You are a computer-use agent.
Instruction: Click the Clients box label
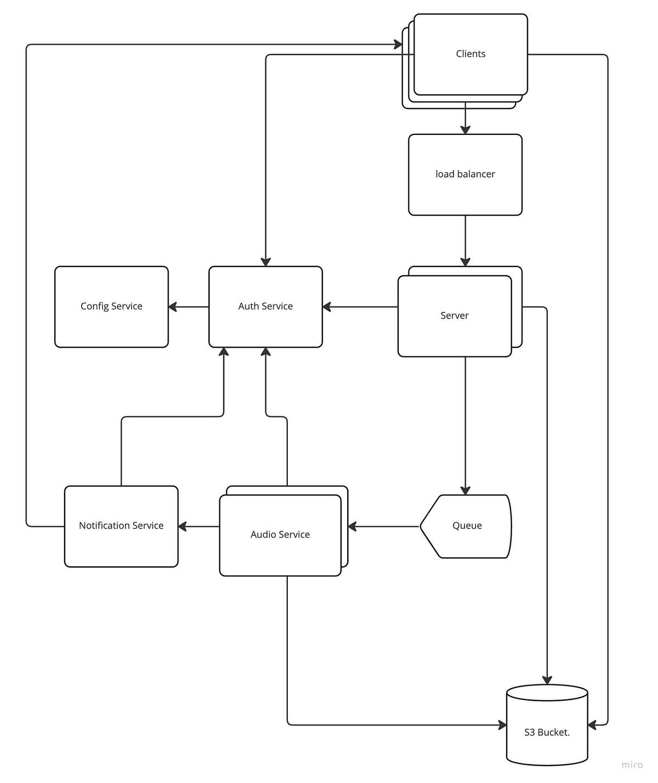[x=470, y=54]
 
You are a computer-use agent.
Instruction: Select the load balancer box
[x=465, y=174]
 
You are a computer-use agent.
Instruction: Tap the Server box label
[x=454, y=315]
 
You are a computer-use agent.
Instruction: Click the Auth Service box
[x=265, y=307]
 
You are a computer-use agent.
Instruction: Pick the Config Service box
[x=111, y=307]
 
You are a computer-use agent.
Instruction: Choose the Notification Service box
[x=121, y=526]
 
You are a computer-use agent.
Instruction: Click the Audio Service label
[x=280, y=535]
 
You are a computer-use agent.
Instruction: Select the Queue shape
[x=466, y=526]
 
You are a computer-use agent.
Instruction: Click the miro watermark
[x=632, y=764]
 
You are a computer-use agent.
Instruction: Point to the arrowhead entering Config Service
[x=173, y=307]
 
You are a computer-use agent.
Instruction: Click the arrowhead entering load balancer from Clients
[x=465, y=130]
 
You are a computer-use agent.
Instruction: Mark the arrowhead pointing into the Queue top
[x=465, y=490]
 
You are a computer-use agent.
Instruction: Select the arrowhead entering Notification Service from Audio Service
[x=183, y=526]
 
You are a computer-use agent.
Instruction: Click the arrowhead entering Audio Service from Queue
[x=352, y=526]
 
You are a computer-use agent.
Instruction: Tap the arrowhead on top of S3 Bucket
[x=547, y=680]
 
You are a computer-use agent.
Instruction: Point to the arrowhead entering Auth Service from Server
[x=327, y=307]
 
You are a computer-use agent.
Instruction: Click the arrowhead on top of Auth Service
[x=265, y=262]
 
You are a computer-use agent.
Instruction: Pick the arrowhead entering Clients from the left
[x=398, y=44]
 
